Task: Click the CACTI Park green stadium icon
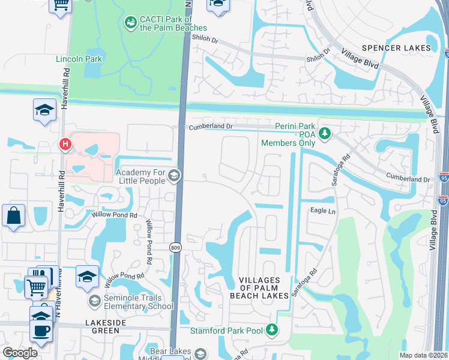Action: point(130,22)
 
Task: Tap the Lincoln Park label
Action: point(79,59)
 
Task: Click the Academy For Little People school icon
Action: point(174,175)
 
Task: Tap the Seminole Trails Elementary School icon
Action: point(94,300)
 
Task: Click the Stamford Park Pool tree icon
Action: point(273,330)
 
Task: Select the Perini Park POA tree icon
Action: point(325,133)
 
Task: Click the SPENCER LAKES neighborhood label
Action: point(396,47)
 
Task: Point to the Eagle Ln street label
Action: point(322,211)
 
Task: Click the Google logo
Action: point(20,353)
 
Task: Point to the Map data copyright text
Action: point(415,355)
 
